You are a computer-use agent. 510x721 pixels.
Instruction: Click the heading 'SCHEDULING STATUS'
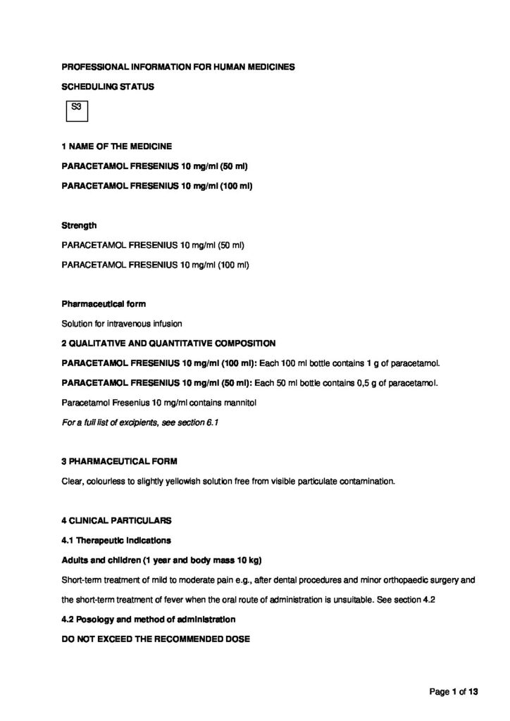pyautogui.click(x=108, y=87)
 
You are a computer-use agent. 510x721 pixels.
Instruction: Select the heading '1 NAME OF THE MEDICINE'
pyautogui.click(x=116, y=146)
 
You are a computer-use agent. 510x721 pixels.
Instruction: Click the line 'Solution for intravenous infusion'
pyautogui.click(x=123, y=324)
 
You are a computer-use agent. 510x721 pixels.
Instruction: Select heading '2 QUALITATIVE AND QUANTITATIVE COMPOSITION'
pyautogui.click(x=169, y=343)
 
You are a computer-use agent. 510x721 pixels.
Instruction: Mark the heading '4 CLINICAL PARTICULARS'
pyautogui.click(x=116, y=521)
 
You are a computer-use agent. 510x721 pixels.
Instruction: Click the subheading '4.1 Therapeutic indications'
pyautogui.click(x=116, y=540)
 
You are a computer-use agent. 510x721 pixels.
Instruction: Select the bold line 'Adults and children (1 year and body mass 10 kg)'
pyautogui.click(x=162, y=560)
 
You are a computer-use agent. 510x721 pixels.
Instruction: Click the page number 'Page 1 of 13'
pyautogui.click(x=454, y=692)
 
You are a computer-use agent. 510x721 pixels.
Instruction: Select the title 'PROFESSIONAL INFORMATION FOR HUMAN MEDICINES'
pyautogui.click(x=178, y=67)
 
